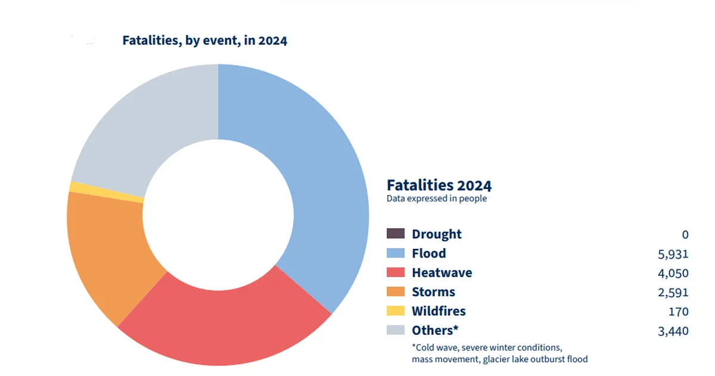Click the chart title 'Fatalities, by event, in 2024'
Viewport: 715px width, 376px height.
(x=204, y=41)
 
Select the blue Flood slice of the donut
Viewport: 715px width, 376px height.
(x=316, y=179)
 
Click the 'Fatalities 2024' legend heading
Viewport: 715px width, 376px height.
(x=439, y=185)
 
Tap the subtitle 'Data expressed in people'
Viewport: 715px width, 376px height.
(x=436, y=198)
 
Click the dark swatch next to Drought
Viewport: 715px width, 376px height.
(x=396, y=234)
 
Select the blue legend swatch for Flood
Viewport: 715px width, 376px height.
(x=396, y=253)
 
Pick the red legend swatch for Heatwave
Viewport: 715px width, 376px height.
(x=396, y=272)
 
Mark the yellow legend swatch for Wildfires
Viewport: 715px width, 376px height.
(x=396, y=310)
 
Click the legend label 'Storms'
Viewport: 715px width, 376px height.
(x=433, y=292)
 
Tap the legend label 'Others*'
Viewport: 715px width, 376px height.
(x=436, y=330)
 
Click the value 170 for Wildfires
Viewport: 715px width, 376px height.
(x=678, y=311)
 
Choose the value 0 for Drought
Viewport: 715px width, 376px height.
(x=685, y=235)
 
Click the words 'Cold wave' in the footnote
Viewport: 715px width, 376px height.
(x=434, y=347)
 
